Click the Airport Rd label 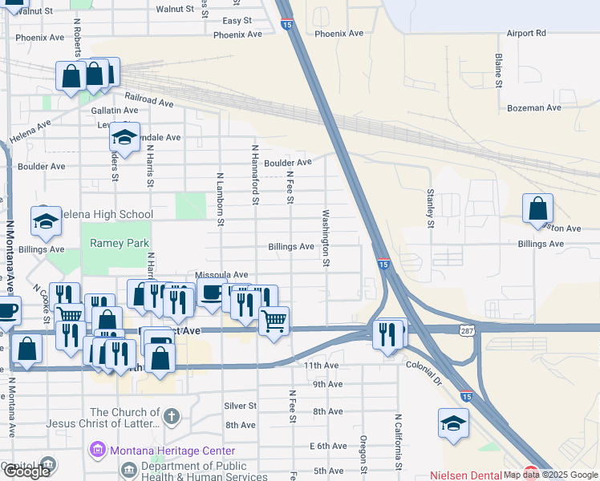(525, 33)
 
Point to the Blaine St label (499, 71)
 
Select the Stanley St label (431, 206)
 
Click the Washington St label (326, 238)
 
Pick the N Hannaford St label (255, 174)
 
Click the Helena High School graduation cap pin (46, 220)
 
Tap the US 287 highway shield (467, 330)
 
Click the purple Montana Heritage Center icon (99, 450)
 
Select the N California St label (397, 441)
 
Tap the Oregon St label (363, 453)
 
